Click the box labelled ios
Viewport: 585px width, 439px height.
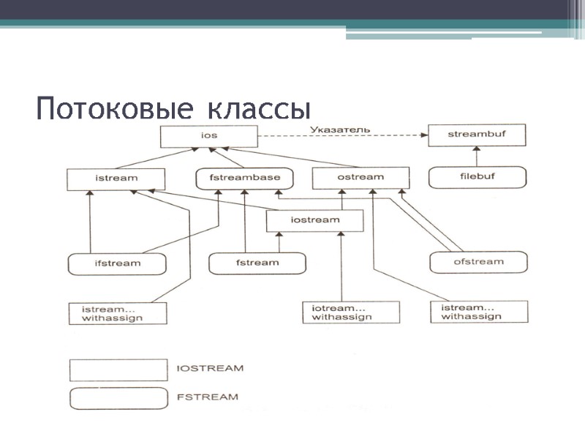click(209, 135)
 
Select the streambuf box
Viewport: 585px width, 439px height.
click(477, 135)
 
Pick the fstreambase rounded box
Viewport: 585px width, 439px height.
click(244, 178)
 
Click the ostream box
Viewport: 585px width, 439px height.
click(360, 178)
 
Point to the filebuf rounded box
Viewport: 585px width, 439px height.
click(477, 177)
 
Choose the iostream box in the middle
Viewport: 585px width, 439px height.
click(314, 220)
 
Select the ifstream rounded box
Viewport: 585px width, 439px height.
click(116, 263)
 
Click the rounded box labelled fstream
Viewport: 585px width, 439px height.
click(257, 263)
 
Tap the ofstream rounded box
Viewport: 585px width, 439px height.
click(478, 262)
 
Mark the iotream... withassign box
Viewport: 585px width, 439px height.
click(351, 312)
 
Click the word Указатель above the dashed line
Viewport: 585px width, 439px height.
click(339, 130)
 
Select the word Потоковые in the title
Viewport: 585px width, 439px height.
click(114, 110)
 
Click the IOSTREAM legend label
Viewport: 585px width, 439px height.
click(210, 369)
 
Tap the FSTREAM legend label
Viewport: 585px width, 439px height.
click(208, 397)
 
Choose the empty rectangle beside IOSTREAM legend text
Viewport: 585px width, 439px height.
click(118, 369)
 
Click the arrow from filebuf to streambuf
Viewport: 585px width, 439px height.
click(477, 157)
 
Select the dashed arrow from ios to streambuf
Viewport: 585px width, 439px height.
click(344, 136)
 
